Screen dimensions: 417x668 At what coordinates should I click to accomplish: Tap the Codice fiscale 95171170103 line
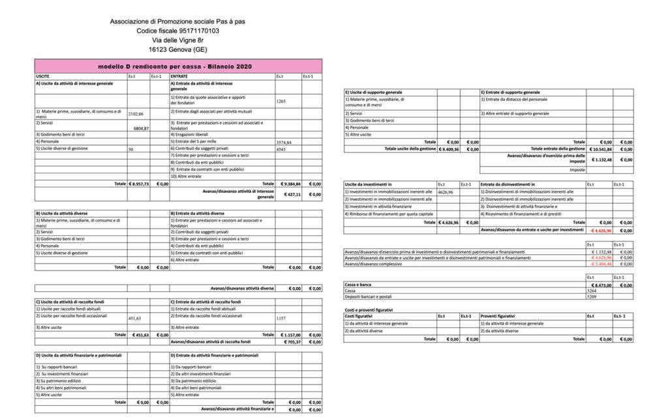177,31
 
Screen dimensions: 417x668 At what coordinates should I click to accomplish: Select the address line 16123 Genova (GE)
177,50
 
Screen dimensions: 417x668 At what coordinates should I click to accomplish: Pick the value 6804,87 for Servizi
141,128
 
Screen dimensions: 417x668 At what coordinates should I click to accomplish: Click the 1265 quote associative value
282,102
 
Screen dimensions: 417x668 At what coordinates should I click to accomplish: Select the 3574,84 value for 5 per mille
284,141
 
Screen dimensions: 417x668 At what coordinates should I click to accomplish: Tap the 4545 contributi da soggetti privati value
282,149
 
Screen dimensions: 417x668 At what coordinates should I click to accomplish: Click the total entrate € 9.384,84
287,184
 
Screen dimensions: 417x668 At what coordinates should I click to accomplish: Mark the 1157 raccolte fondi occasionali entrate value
282,318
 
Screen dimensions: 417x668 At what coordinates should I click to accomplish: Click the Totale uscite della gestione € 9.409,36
448,149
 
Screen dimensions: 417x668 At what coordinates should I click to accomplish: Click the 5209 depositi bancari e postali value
592,297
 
